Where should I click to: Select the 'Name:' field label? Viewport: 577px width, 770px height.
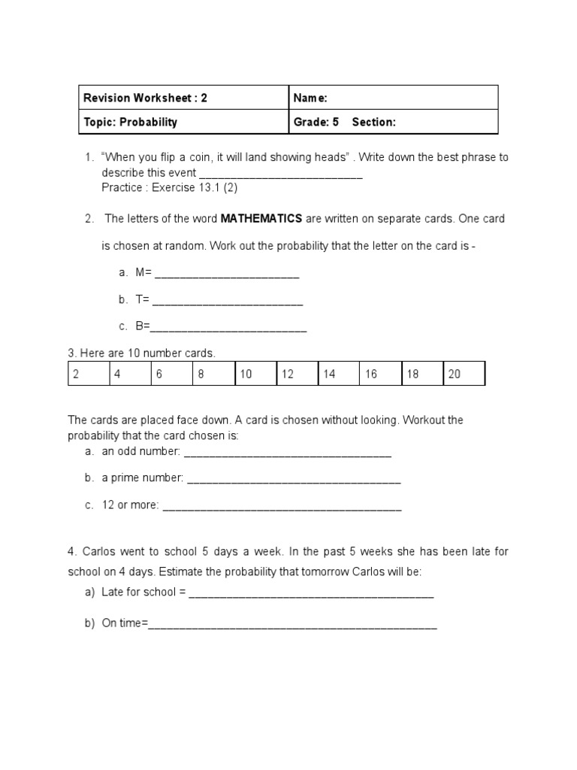[x=310, y=98]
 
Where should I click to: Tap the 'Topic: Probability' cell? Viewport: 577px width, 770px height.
[x=130, y=122]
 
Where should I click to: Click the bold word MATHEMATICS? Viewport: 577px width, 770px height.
[x=261, y=219]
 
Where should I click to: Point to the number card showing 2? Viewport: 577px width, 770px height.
[x=89, y=374]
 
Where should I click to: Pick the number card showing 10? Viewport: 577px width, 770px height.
[x=255, y=374]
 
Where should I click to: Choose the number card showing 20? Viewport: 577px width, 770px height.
[x=464, y=374]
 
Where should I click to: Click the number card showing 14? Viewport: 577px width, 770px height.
[x=338, y=374]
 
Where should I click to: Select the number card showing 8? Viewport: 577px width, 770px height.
[x=213, y=374]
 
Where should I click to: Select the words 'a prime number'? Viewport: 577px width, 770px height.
[x=143, y=478]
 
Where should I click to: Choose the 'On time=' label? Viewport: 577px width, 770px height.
[x=125, y=624]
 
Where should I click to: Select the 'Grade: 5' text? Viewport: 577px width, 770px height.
[x=316, y=122]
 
